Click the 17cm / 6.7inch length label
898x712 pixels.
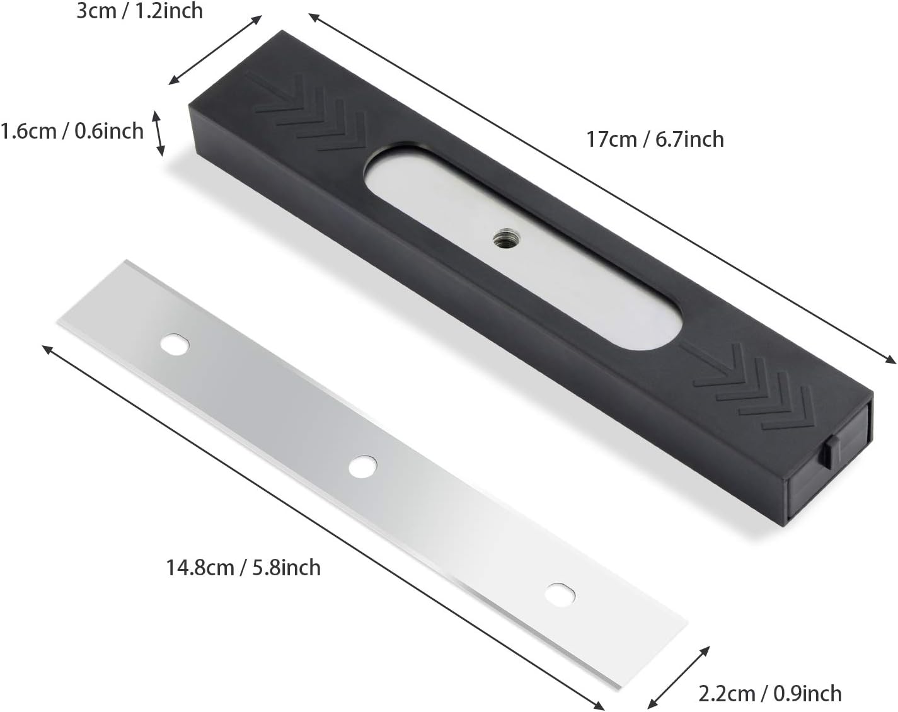[x=655, y=139]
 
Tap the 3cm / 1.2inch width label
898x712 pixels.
[x=139, y=11]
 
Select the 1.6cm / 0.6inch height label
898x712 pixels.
[x=72, y=131]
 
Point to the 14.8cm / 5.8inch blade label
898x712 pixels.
[x=243, y=567]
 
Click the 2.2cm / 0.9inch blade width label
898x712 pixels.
[x=769, y=693]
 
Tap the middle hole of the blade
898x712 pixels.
[x=363, y=467]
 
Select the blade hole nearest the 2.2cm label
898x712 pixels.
[x=560, y=593]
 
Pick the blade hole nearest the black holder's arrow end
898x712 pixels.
[x=175, y=344]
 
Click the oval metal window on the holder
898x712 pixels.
[x=523, y=246]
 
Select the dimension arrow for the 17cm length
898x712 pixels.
[x=602, y=189]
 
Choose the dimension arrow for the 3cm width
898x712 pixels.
[x=214, y=50]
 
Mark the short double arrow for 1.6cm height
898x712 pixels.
[x=159, y=133]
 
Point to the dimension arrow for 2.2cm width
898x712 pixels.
[x=679, y=677]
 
